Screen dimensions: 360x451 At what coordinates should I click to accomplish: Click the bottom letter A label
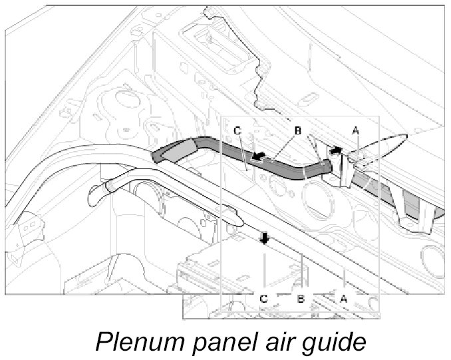click(x=344, y=299)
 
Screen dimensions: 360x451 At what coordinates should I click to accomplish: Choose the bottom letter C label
click(x=264, y=299)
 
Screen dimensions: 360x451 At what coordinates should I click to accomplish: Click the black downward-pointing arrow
click(x=265, y=238)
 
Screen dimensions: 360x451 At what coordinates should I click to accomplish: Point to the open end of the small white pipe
click(x=96, y=193)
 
